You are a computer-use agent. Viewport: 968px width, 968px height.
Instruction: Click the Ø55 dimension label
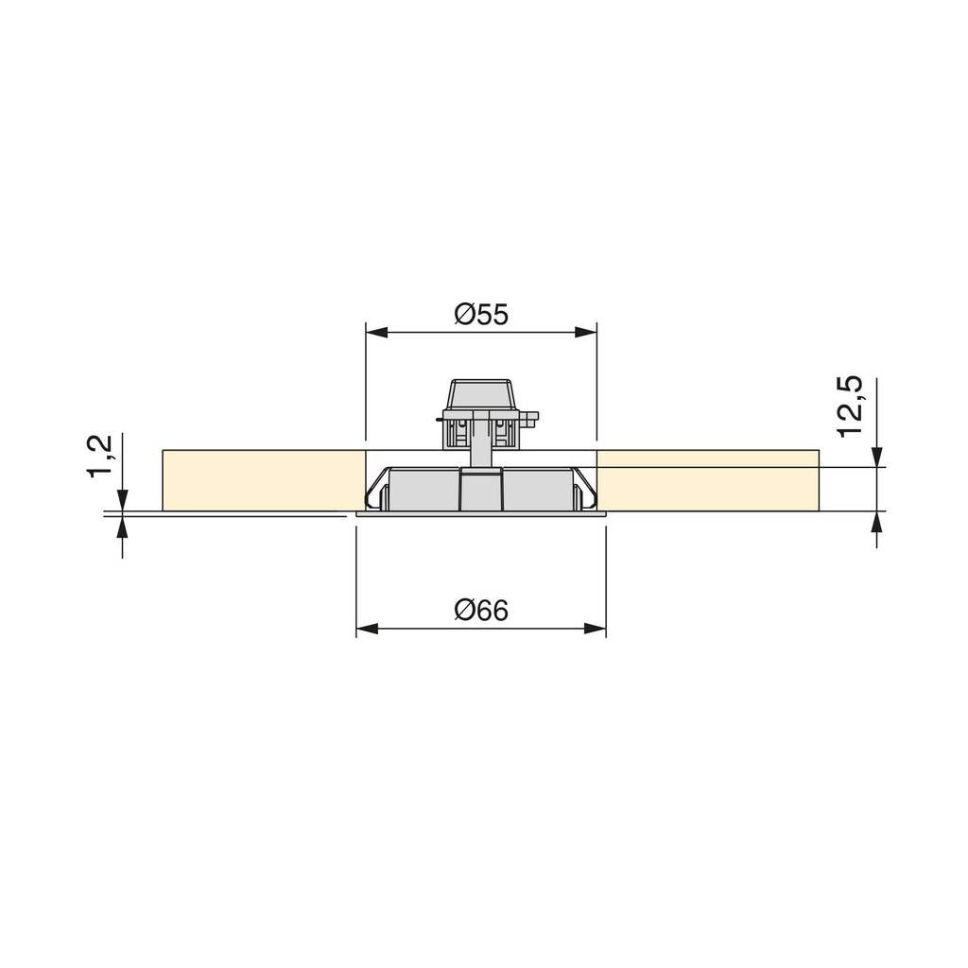[481, 314]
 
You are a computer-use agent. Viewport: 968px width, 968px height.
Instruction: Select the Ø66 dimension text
[481, 611]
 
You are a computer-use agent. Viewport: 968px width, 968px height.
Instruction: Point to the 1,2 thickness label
[100, 457]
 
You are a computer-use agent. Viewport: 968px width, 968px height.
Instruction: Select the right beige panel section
[707, 480]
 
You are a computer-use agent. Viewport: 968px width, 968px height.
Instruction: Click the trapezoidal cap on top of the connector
[481, 394]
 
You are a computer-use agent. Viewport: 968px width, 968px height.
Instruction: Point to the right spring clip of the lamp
[581, 496]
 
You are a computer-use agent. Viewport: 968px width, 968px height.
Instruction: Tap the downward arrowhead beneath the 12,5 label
[878, 457]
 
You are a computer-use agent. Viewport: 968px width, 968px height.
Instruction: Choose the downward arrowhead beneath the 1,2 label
[122, 500]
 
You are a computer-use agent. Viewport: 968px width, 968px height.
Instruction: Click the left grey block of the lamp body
[425, 492]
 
